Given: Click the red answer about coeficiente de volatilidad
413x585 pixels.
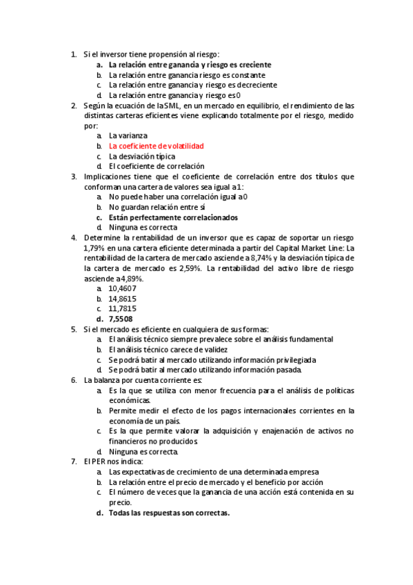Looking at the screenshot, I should [x=156, y=146].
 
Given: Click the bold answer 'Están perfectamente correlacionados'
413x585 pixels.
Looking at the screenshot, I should [x=173, y=217].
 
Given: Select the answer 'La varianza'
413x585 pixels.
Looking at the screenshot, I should [x=128, y=136].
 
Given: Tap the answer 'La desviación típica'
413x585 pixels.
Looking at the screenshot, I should [x=142, y=157].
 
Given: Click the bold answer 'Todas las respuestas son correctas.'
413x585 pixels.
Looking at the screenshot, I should [x=169, y=513].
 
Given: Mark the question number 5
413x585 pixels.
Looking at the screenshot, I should [x=74, y=330].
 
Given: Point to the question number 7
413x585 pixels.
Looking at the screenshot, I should [x=74, y=461].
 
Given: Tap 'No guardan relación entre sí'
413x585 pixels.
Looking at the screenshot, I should [x=157, y=207].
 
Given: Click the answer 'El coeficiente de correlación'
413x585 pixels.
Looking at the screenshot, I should [x=157, y=166].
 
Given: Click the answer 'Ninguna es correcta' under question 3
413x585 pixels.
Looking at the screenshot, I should [x=143, y=227].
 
